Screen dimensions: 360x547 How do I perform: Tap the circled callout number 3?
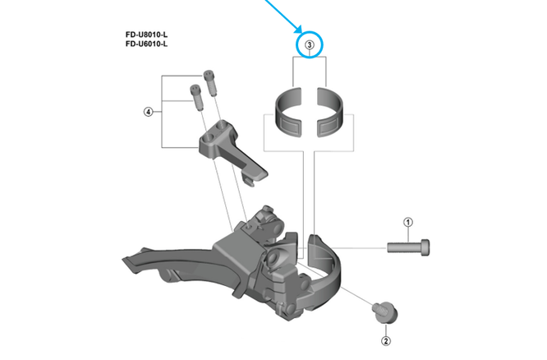(x=310, y=44)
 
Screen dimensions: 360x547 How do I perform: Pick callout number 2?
(x=384, y=341)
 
